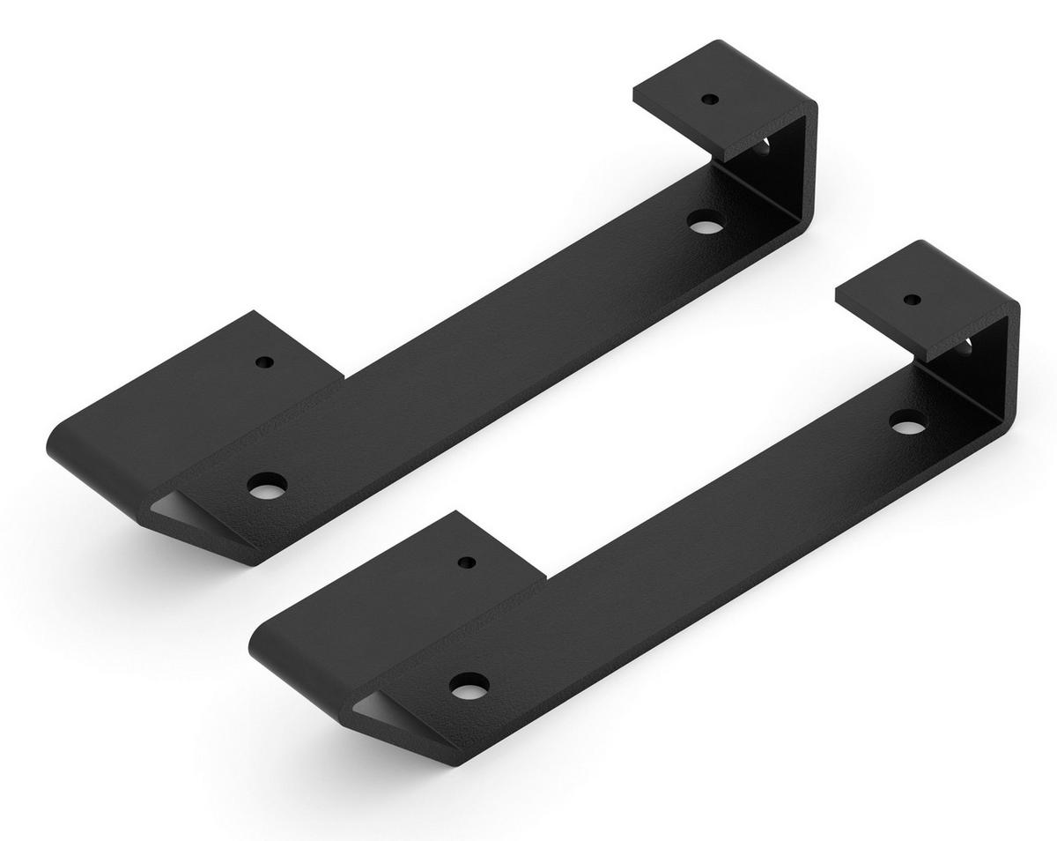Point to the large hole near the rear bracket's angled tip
[267, 486]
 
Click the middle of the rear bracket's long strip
[493, 353]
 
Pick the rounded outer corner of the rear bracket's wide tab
[55, 445]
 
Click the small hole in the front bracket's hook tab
[912, 300]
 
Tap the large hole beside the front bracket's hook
[906, 426]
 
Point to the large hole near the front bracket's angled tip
[469, 686]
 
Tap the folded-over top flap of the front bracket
[925, 300]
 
